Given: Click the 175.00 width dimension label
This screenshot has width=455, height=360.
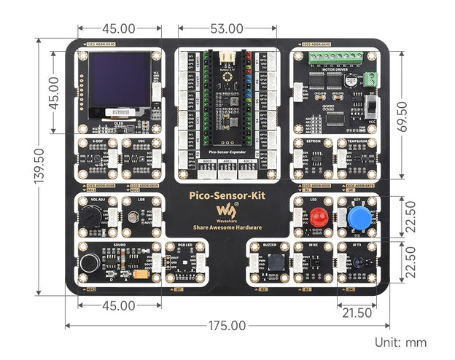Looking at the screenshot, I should click(x=227, y=326).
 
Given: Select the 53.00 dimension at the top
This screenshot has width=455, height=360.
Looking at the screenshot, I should click(x=226, y=28).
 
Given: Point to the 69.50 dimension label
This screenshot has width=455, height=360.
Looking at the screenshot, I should click(x=421, y=114).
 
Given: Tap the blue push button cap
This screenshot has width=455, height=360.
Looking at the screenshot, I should click(x=357, y=218).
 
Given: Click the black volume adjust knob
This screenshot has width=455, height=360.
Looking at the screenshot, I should click(x=90, y=216).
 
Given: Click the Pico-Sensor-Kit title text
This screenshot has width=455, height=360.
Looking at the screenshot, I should click(x=226, y=195).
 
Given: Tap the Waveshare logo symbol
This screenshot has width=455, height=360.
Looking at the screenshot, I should click(x=222, y=211).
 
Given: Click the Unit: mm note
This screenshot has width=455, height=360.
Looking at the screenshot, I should click(x=400, y=342).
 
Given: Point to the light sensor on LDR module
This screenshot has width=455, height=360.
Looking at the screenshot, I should click(x=133, y=216).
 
